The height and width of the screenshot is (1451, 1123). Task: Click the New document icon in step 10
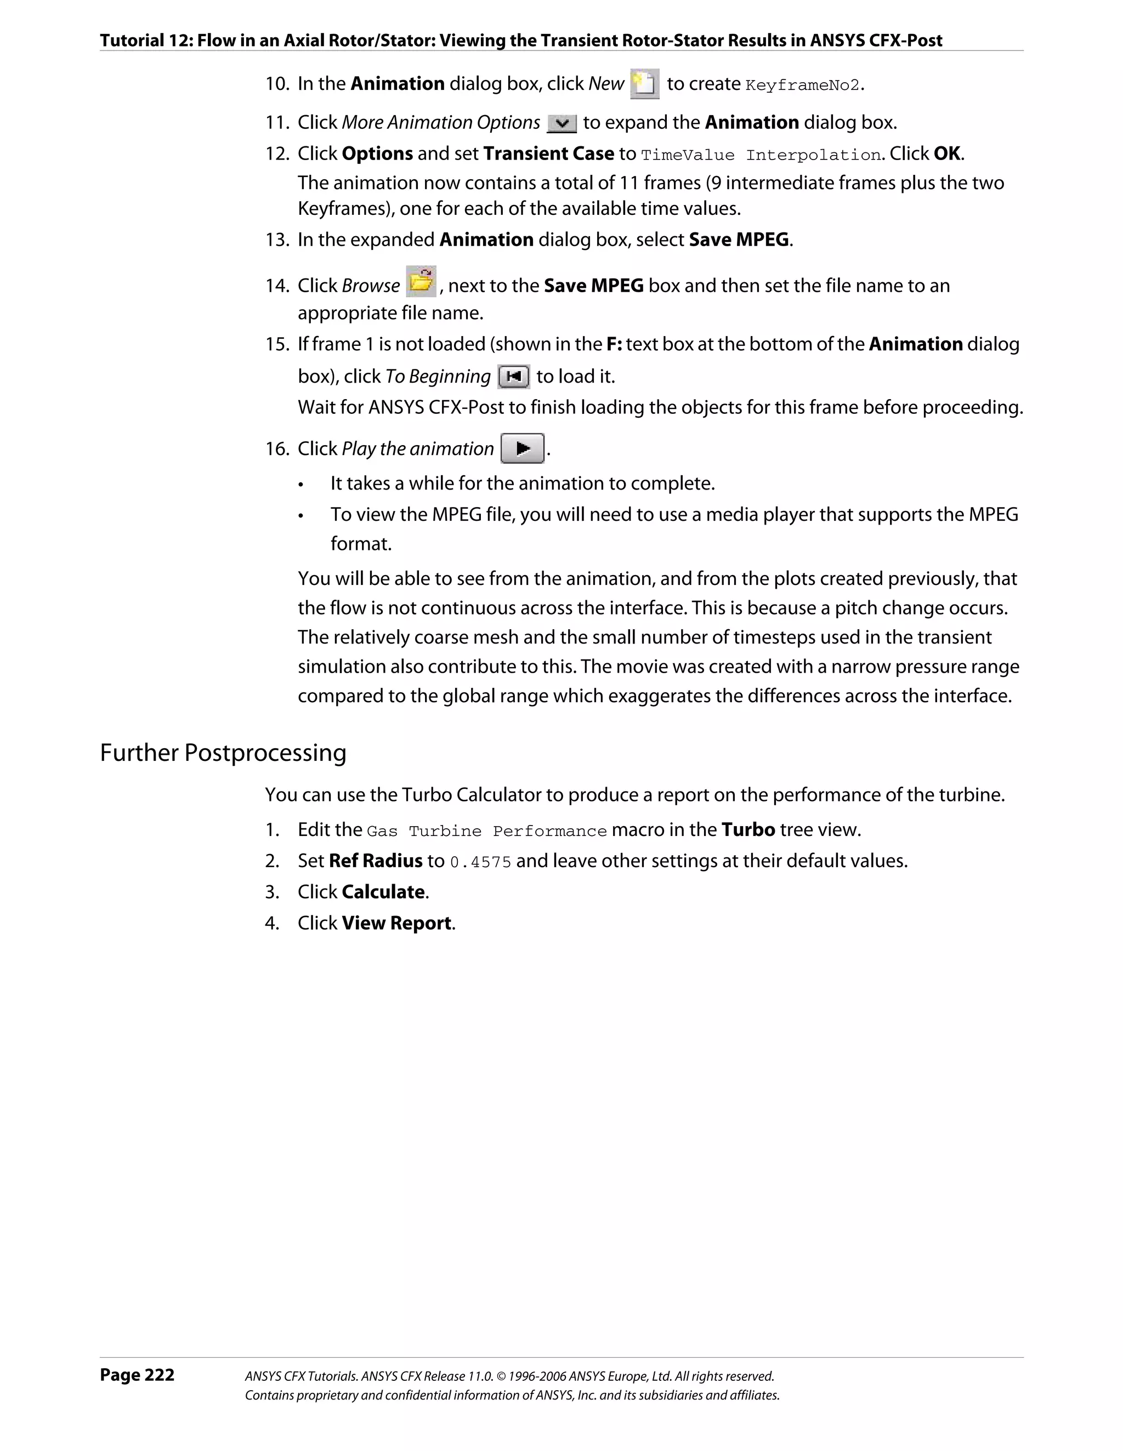pyautogui.click(x=644, y=84)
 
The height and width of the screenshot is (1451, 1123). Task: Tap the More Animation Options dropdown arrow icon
pyautogui.click(x=561, y=123)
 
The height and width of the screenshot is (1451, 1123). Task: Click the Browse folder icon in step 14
pyautogui.click(x=421, y=282)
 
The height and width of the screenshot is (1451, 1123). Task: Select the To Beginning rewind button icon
pyautogui.click(x=513, y=377)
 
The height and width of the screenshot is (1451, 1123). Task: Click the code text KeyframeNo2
pyautogui.click(x=803, y=86)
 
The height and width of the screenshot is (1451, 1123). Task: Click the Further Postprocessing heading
pyautogui.click(x=223, y=753)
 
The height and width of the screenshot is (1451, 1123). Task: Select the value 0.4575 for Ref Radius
pyautogui.click(x=480, y=862)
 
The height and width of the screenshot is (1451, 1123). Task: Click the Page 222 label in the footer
pyautogui.click(x=137, y=1375)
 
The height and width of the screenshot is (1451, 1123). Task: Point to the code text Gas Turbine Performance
pyautogui.click(x=486, y=832)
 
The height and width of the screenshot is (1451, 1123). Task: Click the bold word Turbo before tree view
pyautogui.click(x=748, y=830)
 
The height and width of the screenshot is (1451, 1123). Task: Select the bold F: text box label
pyautogui.click(x=614, y=344)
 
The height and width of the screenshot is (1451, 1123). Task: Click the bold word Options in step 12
pyautogui.click(x=377, y=153)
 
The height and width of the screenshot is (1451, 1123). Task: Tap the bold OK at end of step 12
pyautogui.click(x=947, y=153)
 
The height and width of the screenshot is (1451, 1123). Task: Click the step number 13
pyautogui.click(x=276, y=240)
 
